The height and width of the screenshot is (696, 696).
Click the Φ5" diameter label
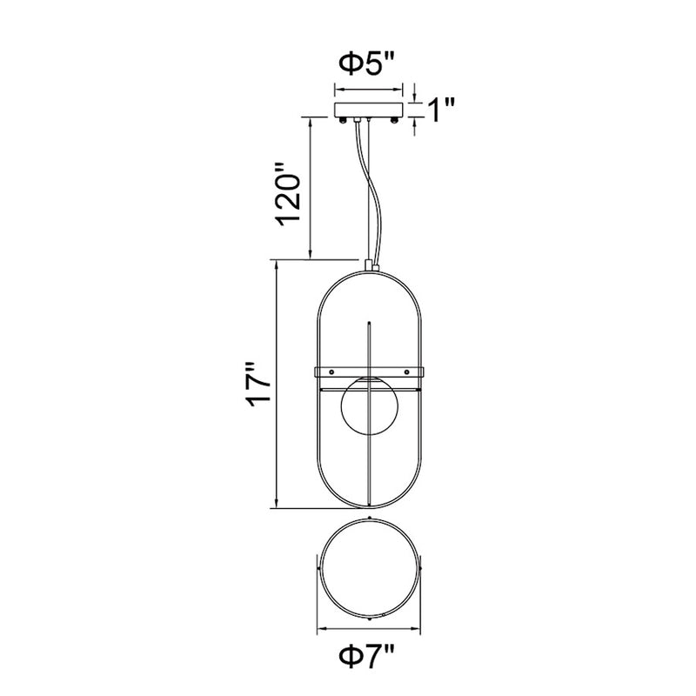tap(366, 64)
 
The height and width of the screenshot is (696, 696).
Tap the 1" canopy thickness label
tap(440, 110)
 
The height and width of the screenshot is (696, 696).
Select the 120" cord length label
tap(288, 193)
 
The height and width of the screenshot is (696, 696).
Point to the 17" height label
tap(258, 385)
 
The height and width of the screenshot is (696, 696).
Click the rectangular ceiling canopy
tap(368, 110)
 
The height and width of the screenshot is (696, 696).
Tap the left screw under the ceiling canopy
tap(342, 120)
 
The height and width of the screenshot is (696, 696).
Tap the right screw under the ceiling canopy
tap(394, 120)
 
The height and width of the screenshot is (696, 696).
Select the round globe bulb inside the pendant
tap(369, 405)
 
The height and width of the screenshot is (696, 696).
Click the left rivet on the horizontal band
tap(331, 371)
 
